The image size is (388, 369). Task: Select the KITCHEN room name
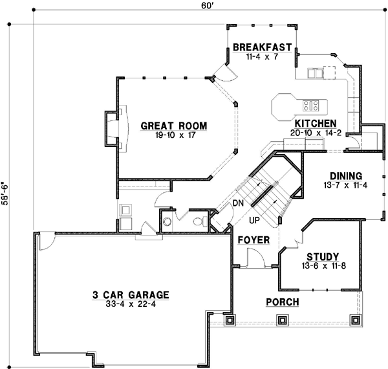315,123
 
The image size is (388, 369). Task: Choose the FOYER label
253,240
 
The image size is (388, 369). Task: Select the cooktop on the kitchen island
310,104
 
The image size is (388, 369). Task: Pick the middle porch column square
282,319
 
